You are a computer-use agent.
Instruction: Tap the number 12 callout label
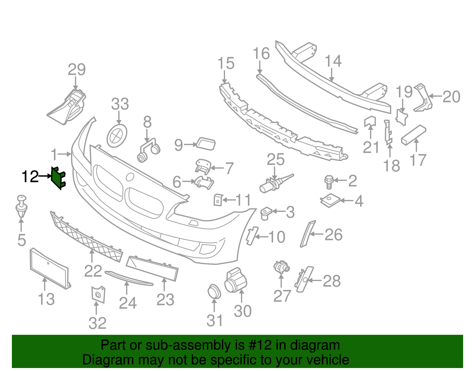point(30,177)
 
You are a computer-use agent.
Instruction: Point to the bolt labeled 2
point(329,182)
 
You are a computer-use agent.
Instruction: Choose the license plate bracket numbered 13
point(50,269)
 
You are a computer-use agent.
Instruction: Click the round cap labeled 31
point(214,292)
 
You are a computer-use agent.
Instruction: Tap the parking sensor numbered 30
point(236,280)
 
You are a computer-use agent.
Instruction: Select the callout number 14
point(333,61)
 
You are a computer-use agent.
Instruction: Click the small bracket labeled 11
point(218,200)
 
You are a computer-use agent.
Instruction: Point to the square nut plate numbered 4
point(330,200)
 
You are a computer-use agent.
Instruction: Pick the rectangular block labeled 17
point(414,135)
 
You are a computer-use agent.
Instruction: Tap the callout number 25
point(275,159)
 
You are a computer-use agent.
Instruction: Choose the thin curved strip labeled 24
point(129,278)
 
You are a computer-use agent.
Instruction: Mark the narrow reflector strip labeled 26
point(308,234)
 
